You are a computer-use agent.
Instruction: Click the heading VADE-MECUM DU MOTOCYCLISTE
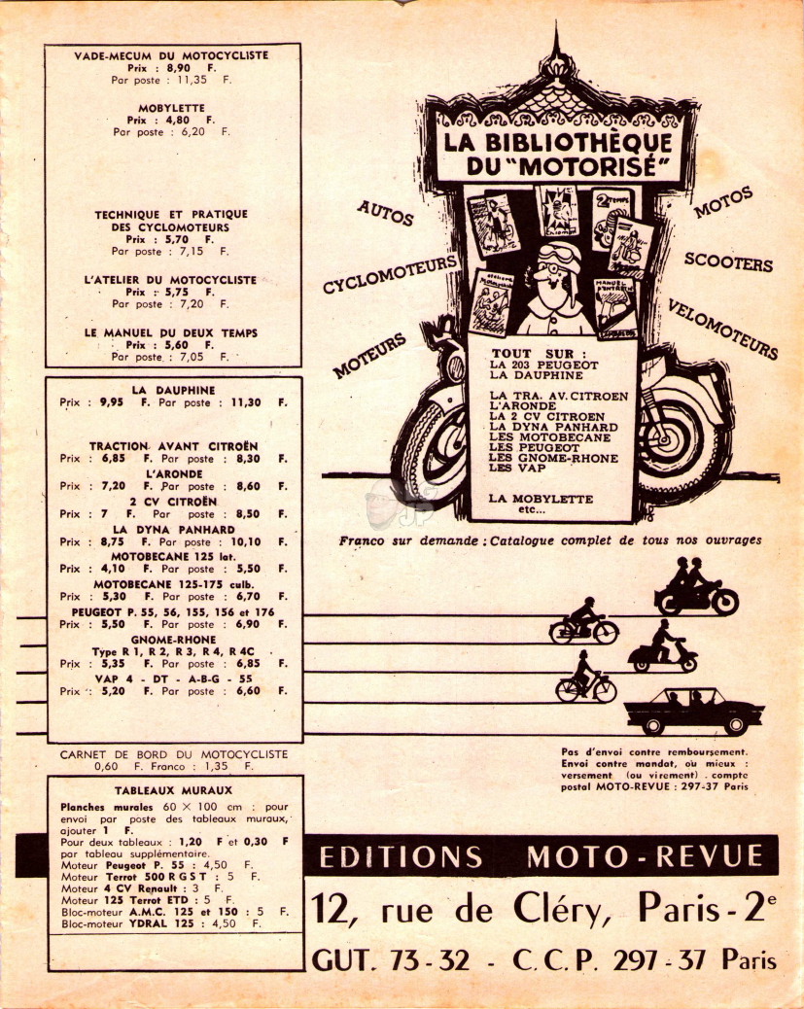171,55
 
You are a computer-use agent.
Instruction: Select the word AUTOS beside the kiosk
385,213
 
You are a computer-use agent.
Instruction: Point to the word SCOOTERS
728,261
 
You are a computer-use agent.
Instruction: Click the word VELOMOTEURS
722,329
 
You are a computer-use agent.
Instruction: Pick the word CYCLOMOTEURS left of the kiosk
390,273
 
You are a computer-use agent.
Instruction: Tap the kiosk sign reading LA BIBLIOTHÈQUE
557,142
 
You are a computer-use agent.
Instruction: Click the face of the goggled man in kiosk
555,283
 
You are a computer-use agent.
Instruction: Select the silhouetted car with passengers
694,711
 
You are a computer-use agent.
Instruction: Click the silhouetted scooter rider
662,646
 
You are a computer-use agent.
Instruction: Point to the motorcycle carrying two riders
696,587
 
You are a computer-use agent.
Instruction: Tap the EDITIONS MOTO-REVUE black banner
541,855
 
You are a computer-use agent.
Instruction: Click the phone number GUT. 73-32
391,960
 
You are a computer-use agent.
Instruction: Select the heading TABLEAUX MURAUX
173,791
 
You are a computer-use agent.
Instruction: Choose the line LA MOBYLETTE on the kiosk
541,499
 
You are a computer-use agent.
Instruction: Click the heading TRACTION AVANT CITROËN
173,446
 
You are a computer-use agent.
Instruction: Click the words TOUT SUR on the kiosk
539,353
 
